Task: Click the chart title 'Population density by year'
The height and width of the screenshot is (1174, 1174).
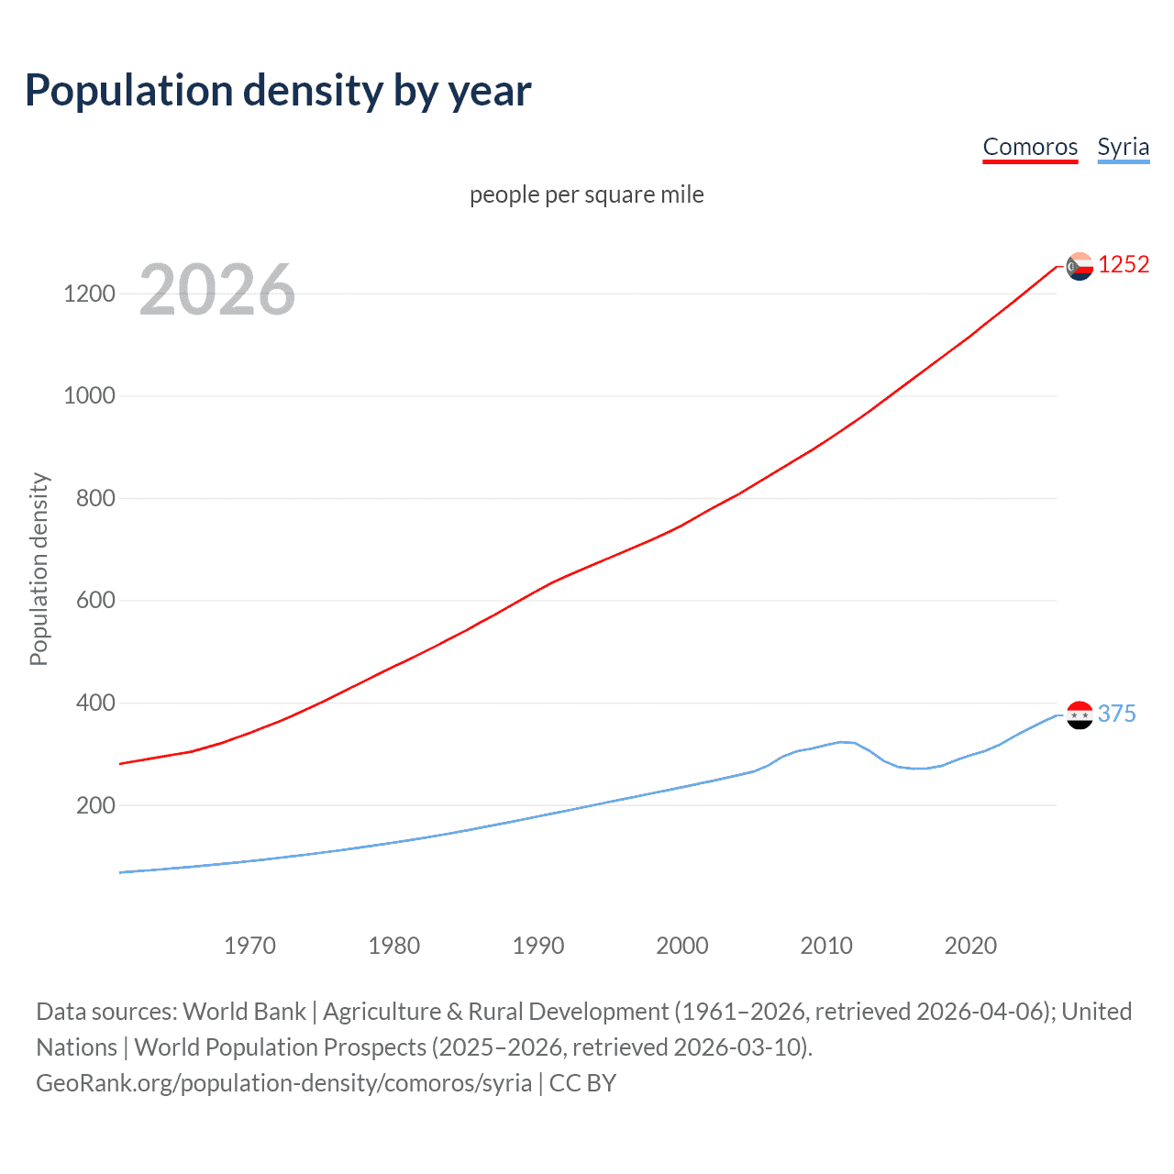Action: click(278, 91)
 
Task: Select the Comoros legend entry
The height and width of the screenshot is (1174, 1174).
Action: click(1030, 147)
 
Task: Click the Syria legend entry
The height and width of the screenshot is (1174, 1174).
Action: click(1123, 147)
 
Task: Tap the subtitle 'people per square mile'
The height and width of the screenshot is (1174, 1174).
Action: click(587, 194)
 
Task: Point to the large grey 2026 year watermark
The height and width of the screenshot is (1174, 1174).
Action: click(217, 290)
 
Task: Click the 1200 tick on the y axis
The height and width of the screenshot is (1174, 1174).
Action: click(90, 293)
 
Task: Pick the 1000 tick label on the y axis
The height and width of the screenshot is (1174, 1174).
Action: click(90, 396)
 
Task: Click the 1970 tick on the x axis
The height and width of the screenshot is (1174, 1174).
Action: click(249, 946)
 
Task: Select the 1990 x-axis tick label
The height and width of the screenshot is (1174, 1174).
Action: click(538, 946)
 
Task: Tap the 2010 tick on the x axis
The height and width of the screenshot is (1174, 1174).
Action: click(826, 946)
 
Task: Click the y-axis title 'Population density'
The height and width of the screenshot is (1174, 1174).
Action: click(39, 569)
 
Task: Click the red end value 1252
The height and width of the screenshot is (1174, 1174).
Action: click(1124, 265)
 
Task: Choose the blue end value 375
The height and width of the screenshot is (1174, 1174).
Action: click(1116, 714)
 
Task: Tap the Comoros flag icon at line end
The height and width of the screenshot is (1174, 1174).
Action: click(1080, 266)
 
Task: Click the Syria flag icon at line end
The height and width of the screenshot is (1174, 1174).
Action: click(1080, 714)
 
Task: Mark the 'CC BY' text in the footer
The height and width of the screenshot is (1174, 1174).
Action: click(582, 1083)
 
